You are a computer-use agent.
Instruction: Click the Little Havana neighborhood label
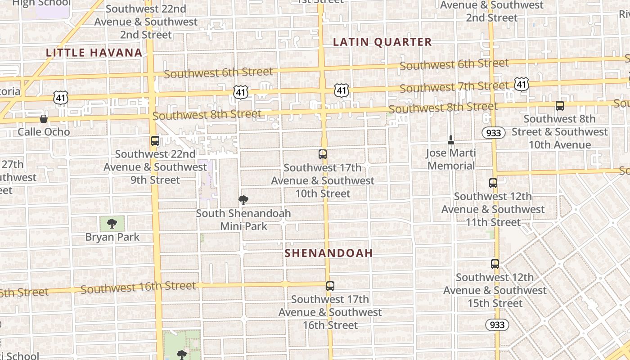pyautogui.click(x=94, y=53)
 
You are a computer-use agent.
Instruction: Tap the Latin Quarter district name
pyautogui.click(x=382, y=42)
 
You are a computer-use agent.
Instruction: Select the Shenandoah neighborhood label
pyautogui.click(x=328, y=253)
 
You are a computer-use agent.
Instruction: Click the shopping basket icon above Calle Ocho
pyautogui.click(x=44, y=119)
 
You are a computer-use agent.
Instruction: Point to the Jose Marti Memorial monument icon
pyautogui.click(x=451, y=140)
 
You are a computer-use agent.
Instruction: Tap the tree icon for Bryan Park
pyautogui.click(x=112, y=224)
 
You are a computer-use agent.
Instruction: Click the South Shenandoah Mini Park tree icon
pyautogui.click(x=243, y=200)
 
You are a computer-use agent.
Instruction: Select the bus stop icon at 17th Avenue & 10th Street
pyautogui.click(x=323, y=154)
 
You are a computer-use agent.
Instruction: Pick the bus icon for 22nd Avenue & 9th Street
pyautogui.click(x=155, y=141)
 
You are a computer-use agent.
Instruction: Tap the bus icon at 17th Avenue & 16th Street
pyautogui.click(x=330, y=286)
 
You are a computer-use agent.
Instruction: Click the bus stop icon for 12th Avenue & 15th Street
pyautogui.click(x=495, y=264)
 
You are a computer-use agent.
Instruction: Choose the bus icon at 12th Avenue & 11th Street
pyautogui.click(x=493, y=183)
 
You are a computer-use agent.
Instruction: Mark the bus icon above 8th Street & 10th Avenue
pyautogui.click(x=560, y=106)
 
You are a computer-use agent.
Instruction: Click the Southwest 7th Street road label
pyautogui.click(x=454, y=86)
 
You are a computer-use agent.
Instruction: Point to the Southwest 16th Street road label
pyautogui.click(x=138, y=287)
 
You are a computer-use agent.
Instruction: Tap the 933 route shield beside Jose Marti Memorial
pyautogui.click(x=493, y=133)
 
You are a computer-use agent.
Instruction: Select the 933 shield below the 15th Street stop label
pyautogui.click(x=497, y=324)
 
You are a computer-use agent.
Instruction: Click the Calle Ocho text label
pyautogui.click(x=44, y=132)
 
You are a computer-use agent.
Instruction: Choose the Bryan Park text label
pyautogui.click(x=112, y=237)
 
